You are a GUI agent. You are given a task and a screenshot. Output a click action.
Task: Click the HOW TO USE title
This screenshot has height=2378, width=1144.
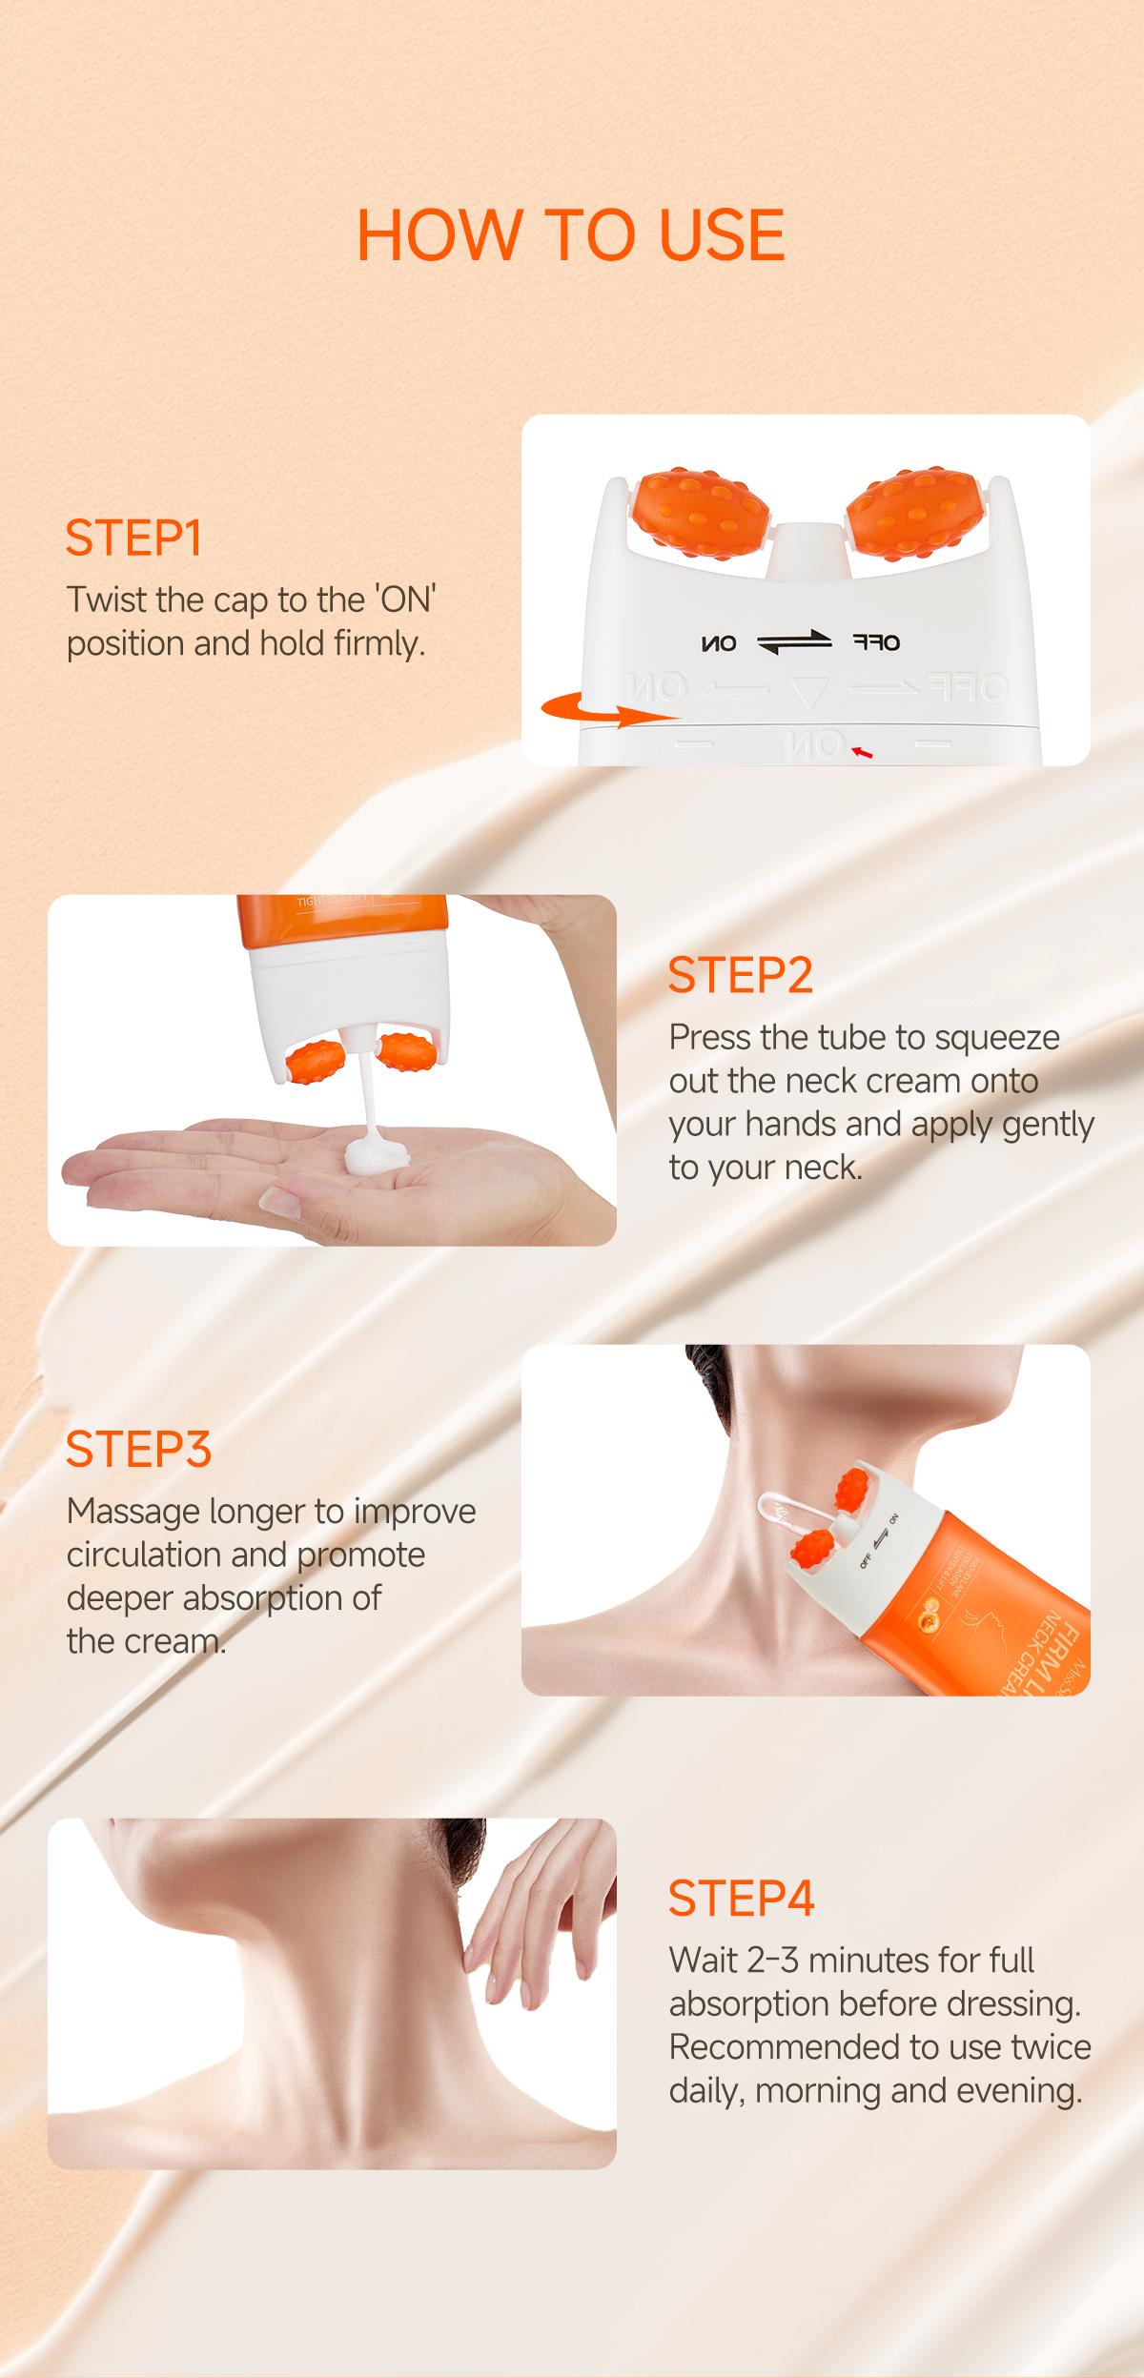click(570, 235)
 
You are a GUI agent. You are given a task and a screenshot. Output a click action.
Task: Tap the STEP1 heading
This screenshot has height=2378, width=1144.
click(133, 539)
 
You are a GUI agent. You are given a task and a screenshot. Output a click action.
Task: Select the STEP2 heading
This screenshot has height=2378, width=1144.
click(741, 975)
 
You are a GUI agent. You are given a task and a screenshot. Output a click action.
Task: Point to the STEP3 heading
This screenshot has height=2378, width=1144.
click(138, 1449)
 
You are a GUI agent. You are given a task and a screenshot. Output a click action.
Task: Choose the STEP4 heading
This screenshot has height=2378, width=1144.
click(742, 1899)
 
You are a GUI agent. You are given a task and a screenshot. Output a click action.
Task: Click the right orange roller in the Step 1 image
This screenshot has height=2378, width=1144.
click(905, 514)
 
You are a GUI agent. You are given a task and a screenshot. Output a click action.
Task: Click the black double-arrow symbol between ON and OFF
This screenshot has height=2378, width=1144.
click(794, 643)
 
